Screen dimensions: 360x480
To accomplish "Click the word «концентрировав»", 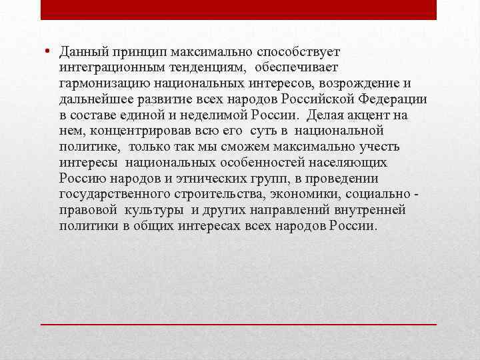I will pyautogui.click(x=134, y=131).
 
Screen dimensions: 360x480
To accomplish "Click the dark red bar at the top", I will pyautogui.click(x=239, y=9).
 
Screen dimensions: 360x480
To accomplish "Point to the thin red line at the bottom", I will pyautogui.click(x=239, y=323).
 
